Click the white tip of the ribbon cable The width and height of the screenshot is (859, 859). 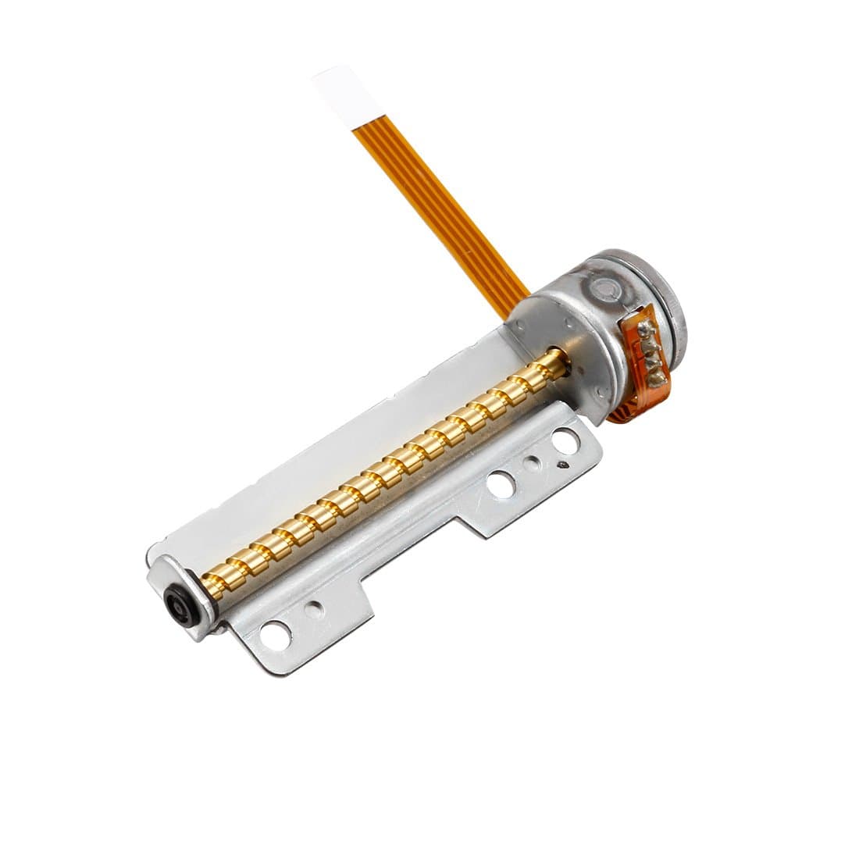pyautogui.click(x=336, y=94)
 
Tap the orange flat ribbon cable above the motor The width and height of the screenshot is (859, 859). pyautogui.click(x=437, y=202)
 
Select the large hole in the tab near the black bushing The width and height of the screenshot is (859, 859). pyautogui.click(x=273, y=635)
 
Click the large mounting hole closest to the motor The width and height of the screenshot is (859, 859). pyautogui.click(x=561, y=444)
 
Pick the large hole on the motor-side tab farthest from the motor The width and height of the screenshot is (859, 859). pyautogui.click(x=497, y=483)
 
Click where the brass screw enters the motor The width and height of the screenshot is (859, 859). pyautogui.click(x=560, y=361)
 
